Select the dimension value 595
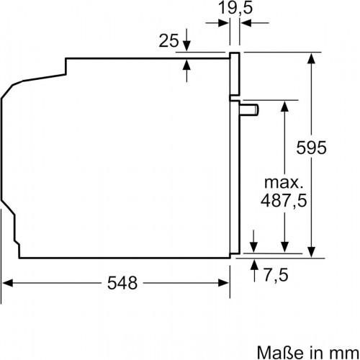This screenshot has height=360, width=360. click(312, 148)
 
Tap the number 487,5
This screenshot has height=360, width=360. click(286, 199)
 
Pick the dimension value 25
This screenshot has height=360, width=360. click(168, 42)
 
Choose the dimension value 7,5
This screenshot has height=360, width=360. click(277, 276)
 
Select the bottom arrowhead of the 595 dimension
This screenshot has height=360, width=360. click(312, 249)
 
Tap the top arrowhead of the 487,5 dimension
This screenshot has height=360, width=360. click(286, 104)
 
